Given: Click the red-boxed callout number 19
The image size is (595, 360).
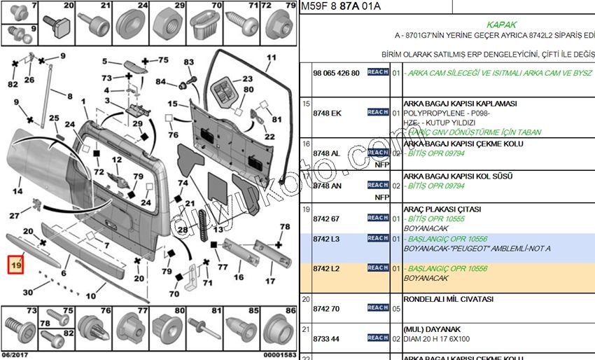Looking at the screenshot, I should tap(15, 265).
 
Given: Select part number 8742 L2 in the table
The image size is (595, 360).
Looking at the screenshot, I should tap(326, 268).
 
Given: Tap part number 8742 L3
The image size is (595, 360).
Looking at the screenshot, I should tap(326, 239).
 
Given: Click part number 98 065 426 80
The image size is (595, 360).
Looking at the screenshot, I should tap(336, 73).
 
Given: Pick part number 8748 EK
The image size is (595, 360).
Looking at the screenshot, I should tap(327, 112).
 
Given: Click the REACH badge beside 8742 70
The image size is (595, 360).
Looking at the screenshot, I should tap(378, 307).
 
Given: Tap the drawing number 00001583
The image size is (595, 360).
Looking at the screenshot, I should tap(279, 355).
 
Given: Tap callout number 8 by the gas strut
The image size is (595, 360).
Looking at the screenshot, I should tap(69, 95).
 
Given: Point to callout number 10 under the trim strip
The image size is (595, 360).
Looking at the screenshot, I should tap(91, 296).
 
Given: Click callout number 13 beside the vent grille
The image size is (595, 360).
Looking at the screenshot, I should tap(219, 229).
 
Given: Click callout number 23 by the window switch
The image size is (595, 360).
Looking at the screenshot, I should tap(247, 79).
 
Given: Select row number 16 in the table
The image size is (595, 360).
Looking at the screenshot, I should tap(306, 144).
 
